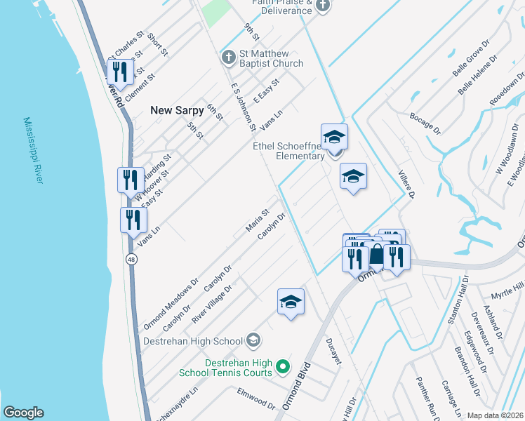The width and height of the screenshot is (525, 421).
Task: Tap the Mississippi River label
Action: coord(33,151)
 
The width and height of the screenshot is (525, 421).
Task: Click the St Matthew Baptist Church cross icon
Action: coord(227,56)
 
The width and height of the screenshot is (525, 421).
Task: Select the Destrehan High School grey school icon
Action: coord(253,341)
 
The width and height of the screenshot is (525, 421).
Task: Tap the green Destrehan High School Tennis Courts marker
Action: coord(282,366)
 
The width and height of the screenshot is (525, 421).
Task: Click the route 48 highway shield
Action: coord(132,260)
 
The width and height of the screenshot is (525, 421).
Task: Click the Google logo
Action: coord(23,413)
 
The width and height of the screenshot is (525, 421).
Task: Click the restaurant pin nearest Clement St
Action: coord(120,72)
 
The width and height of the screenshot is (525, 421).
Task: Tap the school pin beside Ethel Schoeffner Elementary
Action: coord(335,137)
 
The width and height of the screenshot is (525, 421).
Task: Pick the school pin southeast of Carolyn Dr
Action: coord(291,302)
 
